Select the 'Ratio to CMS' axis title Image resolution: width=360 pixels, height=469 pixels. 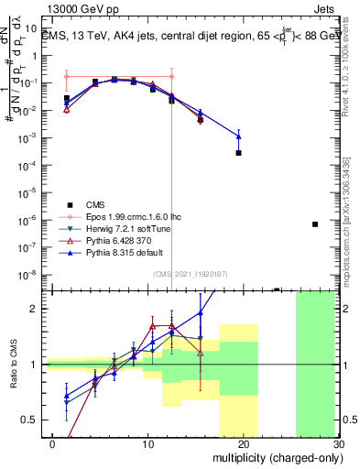[15, 365]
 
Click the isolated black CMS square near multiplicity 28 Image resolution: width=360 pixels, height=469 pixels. [314, 224]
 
